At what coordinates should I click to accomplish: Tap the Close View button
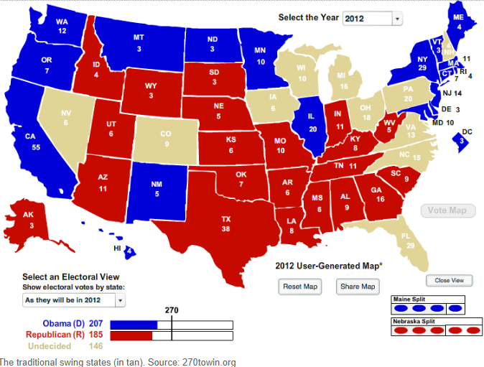(449, 280)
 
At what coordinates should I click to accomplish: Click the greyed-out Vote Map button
(447, 210)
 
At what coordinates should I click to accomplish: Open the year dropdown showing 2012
(372, 19)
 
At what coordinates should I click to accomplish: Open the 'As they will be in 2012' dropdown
(73, 299)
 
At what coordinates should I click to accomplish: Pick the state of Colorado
(167, 141)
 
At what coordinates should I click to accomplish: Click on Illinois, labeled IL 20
(312, 123)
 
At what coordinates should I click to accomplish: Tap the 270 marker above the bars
(171, 310)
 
